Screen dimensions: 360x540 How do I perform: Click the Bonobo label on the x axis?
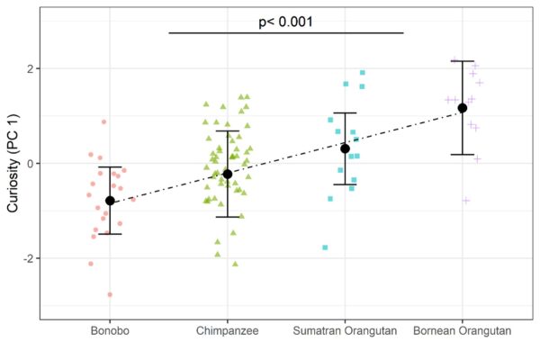110,331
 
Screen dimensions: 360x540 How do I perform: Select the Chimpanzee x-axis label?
227,331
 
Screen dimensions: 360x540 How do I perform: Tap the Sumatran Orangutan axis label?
345,331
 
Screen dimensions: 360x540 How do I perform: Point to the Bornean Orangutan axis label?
463,331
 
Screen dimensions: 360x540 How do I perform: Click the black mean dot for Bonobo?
110,201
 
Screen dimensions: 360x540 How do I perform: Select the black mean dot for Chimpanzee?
227,174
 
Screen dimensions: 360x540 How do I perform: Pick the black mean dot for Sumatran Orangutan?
345,148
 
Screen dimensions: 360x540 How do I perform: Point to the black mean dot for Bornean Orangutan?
463,108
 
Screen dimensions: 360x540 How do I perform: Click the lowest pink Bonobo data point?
111,294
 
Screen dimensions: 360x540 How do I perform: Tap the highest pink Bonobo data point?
103,121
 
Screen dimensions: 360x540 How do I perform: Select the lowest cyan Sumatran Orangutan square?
325,247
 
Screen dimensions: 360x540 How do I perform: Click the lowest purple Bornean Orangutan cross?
466,200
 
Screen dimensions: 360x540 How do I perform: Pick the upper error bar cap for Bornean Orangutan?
463,61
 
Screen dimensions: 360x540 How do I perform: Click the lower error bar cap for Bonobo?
110,234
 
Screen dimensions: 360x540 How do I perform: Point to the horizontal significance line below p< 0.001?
286,33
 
